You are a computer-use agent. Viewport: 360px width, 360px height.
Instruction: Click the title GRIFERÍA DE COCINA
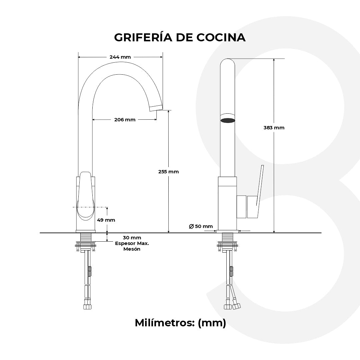(180, 38)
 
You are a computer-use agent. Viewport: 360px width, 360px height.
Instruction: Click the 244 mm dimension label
(120, 57)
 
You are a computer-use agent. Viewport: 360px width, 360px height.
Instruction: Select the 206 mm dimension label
(125, 120)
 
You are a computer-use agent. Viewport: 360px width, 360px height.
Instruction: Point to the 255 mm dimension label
(168, 172)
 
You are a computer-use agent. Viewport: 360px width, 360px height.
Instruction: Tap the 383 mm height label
(274, 128)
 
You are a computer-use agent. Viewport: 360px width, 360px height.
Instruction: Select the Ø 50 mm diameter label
(201, 226)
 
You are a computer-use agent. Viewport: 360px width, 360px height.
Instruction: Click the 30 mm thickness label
(132, 238)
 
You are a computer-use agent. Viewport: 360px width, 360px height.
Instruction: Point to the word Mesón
(132, 249)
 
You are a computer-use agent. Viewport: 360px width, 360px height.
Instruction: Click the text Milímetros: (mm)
(180, 323)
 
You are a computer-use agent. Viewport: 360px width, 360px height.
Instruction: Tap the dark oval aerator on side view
(228, 120)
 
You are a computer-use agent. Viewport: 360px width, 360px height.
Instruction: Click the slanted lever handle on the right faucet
(260, 192)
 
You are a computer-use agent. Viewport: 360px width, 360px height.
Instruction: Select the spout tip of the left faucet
(155, 107)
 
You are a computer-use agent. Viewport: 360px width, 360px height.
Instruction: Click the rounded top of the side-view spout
(228, 61)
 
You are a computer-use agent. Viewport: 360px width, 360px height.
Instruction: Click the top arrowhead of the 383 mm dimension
(274, 60)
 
